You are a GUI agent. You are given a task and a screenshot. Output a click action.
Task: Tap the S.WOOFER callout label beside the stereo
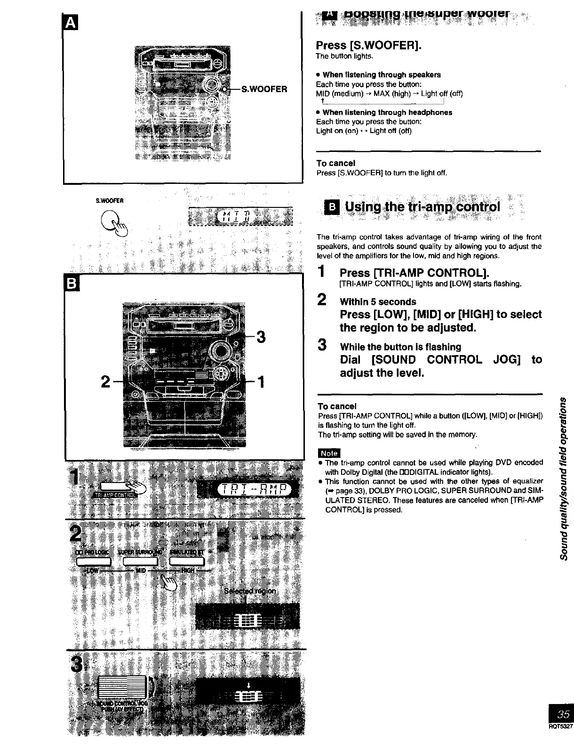point(264,89)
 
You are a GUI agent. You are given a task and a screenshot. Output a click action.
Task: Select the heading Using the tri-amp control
point(423,207)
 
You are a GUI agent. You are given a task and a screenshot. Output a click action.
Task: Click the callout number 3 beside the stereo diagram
point(261,337)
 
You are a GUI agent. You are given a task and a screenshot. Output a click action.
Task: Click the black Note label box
point(329,453)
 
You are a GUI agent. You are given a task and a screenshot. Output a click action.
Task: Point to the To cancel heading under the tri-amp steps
point(337,406)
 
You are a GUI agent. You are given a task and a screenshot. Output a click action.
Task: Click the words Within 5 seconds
point(378,301)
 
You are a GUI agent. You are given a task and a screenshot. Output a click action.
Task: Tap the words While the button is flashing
point(400,347)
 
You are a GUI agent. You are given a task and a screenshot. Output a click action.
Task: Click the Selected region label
point(252,591)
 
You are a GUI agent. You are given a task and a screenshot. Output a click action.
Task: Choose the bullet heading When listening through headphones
point(387,112)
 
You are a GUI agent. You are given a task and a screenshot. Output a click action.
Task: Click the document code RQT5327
point(561,726)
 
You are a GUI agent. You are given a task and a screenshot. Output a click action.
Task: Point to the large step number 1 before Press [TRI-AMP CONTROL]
point(321,272)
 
